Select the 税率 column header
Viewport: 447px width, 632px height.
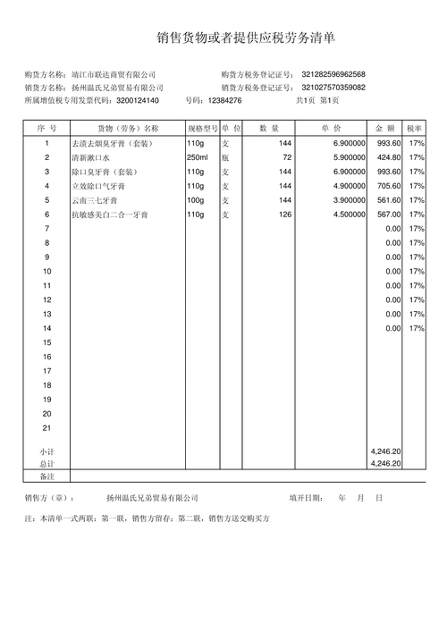(x=415, y=129)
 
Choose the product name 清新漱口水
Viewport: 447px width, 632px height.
(x=89, y=157)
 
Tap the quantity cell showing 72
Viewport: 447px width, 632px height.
(x=287, y=157)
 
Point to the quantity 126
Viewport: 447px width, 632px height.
(x=285, y=215)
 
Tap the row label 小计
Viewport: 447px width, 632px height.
(x=46, y=452)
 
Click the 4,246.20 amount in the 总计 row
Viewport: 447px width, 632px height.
(x=385, y=464)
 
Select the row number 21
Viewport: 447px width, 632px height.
(x=46, y=427)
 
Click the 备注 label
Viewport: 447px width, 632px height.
(x=46, y=476)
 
